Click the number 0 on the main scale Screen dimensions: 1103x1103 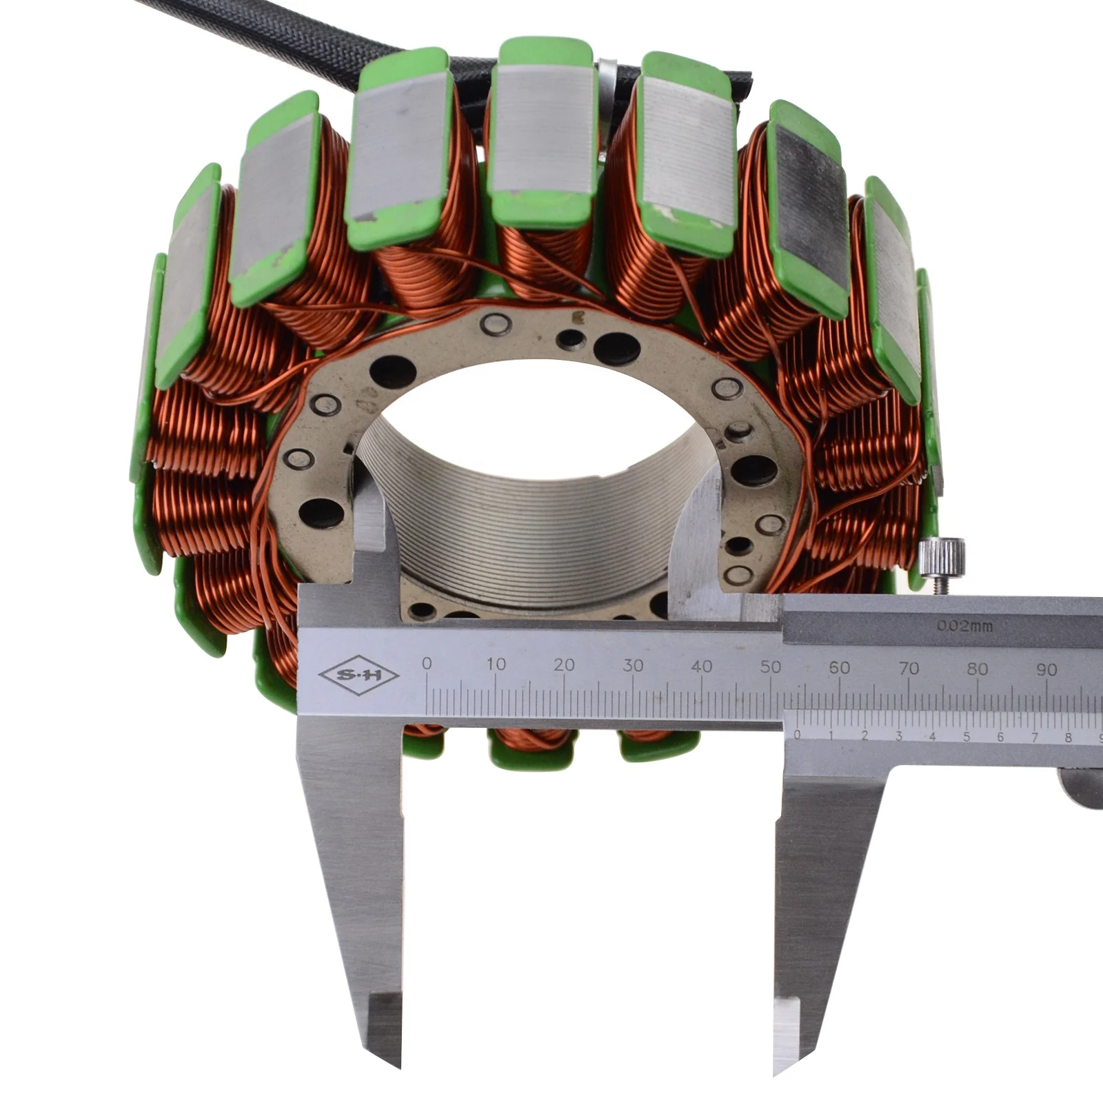click(x=427, y=663)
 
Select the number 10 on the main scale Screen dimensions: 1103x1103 click(x=496, y=665)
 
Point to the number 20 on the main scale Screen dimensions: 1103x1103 click(x=564, y=665)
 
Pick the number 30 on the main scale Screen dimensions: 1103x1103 click(x=633, y=666)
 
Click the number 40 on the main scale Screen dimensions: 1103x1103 click(x=702, y=667)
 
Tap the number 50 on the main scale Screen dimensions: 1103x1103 click(x=771, y=667)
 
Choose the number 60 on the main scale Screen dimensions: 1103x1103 click(x=840, y=668)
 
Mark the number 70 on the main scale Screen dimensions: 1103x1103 click(x=909, y=668)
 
